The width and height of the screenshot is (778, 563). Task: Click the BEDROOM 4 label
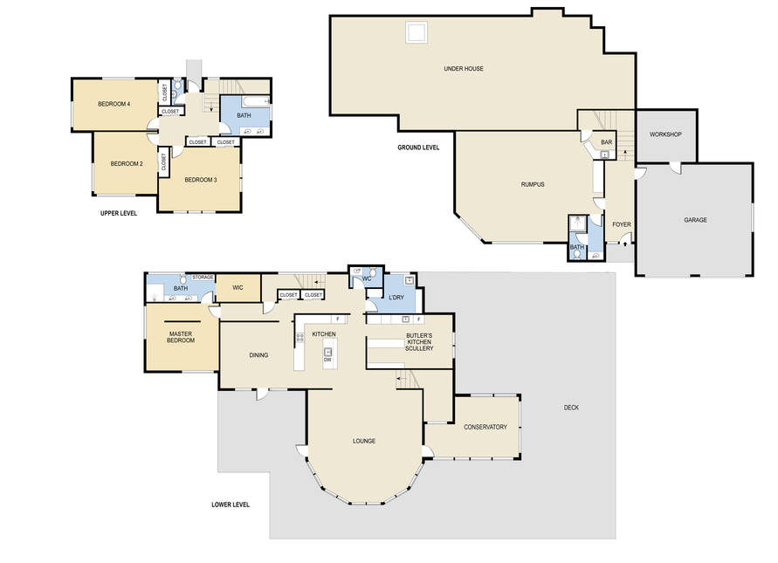(114, 104)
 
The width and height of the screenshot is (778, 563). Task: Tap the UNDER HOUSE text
(464, 69)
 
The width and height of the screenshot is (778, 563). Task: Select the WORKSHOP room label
(665, 134)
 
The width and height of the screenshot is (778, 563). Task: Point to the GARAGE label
(695, 220)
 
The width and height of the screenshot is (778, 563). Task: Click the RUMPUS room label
(533, 184)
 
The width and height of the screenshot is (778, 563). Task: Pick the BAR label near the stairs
(606, 142)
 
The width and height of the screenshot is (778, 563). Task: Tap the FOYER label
(621, 224)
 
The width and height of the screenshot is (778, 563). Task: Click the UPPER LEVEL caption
(119, 214)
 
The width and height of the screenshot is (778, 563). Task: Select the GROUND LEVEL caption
(418, 148)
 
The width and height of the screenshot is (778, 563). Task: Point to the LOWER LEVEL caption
(231, 505)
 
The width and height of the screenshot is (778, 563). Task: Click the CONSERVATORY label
(485, 427)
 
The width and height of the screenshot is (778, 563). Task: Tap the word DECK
(571, 408)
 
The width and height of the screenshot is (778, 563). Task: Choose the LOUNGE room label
(364, 441)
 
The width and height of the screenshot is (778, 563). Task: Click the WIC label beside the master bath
(238, 288)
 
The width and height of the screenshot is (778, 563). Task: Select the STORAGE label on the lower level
(203, 278)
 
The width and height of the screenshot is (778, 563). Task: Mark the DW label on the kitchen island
(327, 360)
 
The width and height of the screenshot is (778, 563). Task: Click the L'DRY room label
(396, 298)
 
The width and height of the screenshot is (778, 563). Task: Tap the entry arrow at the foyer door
(624, 244)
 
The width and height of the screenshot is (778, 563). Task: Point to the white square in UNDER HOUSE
(417, 33)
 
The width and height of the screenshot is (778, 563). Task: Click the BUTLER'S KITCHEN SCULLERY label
(419, 342)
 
